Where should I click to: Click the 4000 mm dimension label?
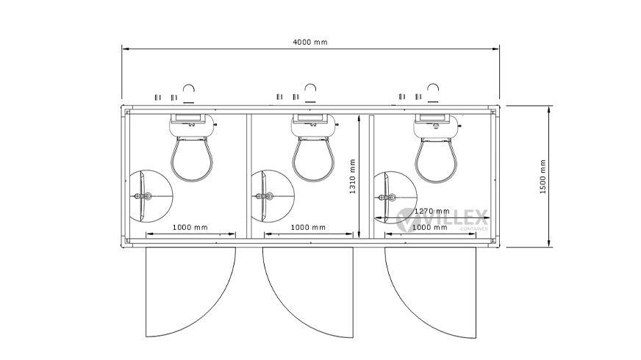pos(310,42)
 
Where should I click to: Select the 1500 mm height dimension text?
pos(543,176)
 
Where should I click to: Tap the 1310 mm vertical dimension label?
pos(352,176)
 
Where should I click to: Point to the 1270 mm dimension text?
pos(431,212)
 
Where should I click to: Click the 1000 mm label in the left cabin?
pos(190,227)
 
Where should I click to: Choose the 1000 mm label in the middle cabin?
pos(308,227)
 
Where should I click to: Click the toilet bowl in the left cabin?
pos(192,159)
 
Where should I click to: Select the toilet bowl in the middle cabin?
pos(314,159)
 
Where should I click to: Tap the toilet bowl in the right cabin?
pos(436,159)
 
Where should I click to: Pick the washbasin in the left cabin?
pos(142,197)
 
